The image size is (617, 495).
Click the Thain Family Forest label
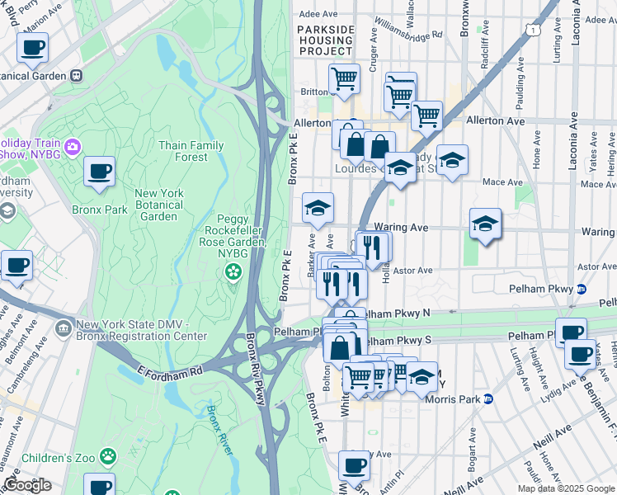point(191,151)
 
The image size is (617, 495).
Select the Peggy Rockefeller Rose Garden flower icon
point(235,271)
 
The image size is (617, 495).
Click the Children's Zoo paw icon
point(108,456)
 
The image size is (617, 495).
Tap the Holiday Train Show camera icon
point(73,147)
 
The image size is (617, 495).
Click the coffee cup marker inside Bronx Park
point(100,172)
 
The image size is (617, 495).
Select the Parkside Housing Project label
point(325,40)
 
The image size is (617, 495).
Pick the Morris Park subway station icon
point(487,399)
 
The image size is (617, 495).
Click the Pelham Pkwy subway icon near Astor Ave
point(581,290)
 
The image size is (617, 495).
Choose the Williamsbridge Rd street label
point(408,27)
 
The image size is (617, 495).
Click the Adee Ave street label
point(318,14)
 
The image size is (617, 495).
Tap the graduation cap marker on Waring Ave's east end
point(485,224)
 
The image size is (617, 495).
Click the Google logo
point(26,485)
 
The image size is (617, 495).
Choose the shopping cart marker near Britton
point(345,80)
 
